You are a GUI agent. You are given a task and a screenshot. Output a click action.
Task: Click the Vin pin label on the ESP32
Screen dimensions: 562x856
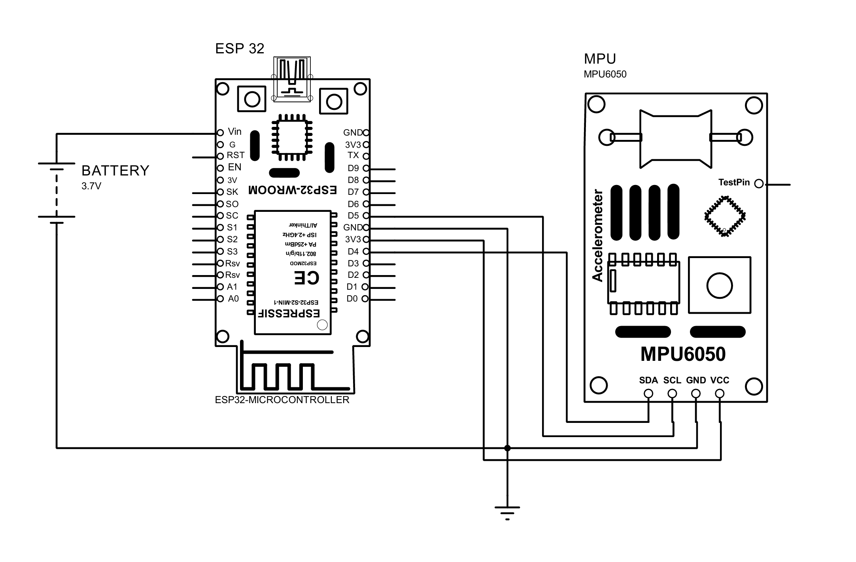[x=234, y=132]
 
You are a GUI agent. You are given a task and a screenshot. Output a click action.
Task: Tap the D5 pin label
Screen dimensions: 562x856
[x=353, y=216]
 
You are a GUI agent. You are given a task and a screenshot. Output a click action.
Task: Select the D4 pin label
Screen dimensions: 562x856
[x=353, y=252]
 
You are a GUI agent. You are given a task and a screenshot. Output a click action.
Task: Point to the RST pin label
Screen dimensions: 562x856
[x=235, y=155]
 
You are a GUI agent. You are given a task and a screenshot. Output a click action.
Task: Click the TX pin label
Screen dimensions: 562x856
[x=353, y=155]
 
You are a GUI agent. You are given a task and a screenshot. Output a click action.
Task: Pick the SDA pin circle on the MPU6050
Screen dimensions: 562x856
[x=648, y=394]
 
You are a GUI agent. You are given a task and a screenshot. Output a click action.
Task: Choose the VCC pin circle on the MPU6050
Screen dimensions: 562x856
[x=720, y=394]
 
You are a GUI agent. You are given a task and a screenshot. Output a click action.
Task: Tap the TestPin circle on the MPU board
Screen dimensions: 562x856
[x=759, y=183]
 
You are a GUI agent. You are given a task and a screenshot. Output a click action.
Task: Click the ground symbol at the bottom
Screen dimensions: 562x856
[x=507, y=513]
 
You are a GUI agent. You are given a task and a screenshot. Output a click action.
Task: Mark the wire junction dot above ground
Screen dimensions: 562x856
[x=507, y=448]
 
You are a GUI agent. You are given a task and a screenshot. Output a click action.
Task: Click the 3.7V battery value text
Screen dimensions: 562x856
[x=91, y=186]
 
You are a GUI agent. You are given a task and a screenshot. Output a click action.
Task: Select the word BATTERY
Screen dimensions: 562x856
[x=115, y=171]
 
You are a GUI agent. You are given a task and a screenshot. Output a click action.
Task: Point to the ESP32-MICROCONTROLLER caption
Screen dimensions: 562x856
[x=282, y=400]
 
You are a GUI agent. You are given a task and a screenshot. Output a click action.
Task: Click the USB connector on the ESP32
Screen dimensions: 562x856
[x=292, y=79]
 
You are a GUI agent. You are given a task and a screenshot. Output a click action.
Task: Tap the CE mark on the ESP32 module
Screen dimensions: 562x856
[x=306, y=278]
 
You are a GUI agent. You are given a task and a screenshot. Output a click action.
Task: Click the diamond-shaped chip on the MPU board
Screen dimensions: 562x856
[x=725, y=216]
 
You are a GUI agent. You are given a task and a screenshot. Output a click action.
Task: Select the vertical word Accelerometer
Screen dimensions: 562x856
[x=597, y=236]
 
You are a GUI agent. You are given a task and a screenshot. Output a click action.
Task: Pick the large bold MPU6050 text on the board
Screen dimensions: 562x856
[x=683, y=354]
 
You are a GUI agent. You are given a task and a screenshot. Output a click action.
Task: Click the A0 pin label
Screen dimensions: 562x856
[x=233, y=299]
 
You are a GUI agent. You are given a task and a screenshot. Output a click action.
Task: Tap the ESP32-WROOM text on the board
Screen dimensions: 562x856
[x=292, y=190]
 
